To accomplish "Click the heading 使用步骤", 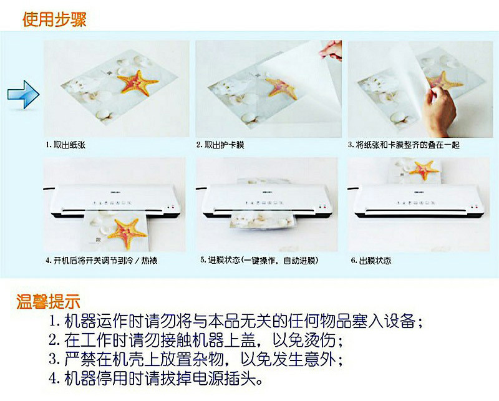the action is coord(54,19).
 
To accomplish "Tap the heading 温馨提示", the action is coord(48,301).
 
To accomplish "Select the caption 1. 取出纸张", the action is coord(65,145).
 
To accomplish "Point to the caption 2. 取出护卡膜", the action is coord(220,145).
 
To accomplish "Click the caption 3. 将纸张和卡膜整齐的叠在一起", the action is coord(404,145).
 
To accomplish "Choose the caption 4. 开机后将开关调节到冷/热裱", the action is coord(102,261).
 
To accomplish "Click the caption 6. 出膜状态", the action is coord(371,261).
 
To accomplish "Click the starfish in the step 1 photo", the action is coord(137,83).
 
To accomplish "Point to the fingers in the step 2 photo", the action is coord(331,50).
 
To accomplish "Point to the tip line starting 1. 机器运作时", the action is coord(236,321).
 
